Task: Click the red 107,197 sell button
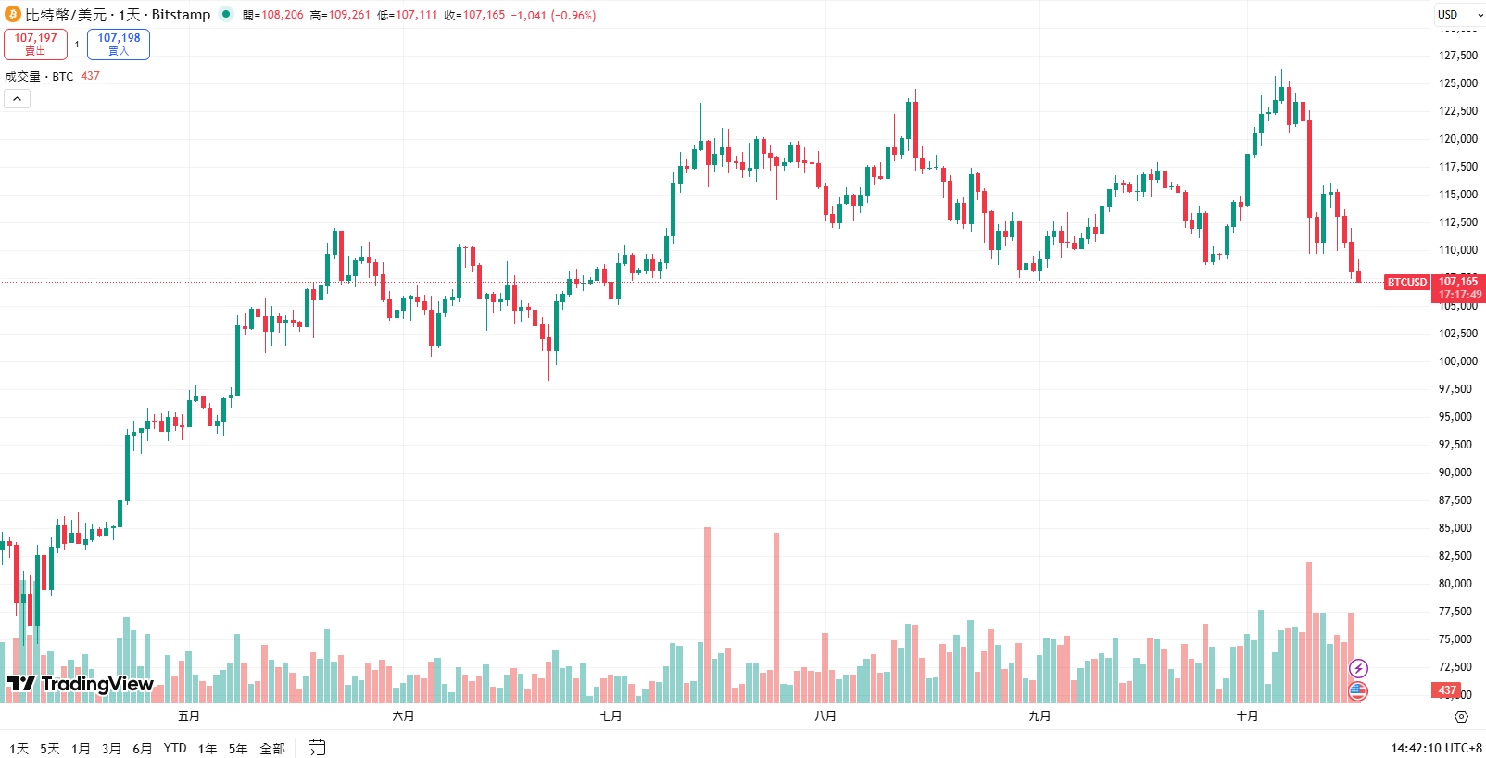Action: [35, 44]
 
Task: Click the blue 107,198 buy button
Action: [119, 44]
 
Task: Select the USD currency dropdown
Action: [1455, 14]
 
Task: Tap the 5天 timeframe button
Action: [50, 749]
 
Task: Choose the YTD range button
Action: [175, 749]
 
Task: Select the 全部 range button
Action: [272, 749]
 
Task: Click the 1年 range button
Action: [208, 749]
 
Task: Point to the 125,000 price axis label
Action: [1457, 83]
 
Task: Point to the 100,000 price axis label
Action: [1457, 361]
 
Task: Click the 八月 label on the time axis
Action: [825, 716]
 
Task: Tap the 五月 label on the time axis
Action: [189, 716]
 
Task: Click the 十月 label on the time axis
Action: [1248, 716]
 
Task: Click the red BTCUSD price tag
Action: [1407, 283]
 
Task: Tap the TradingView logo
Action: [81, 685]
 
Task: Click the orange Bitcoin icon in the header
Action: [13, 14]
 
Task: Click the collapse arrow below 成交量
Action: [17, 98]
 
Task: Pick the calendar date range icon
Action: [317, 747]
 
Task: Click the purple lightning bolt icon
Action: [1358, 668]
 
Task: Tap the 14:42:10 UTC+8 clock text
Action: [1436, 748]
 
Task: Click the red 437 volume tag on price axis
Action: [1447, 690]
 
